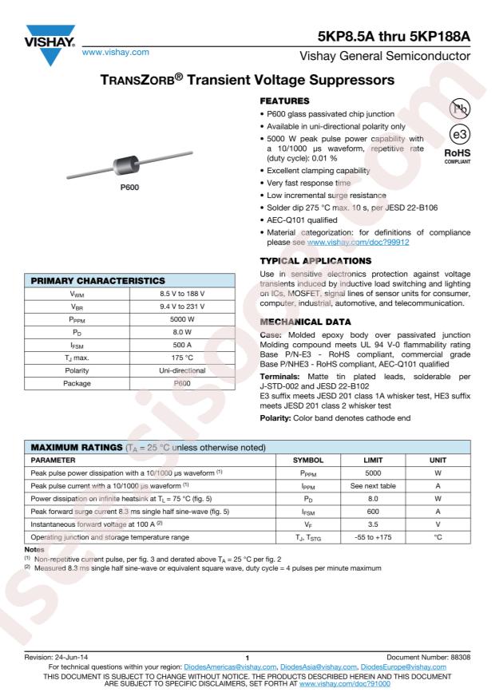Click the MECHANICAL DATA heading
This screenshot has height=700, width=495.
(305, 314)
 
